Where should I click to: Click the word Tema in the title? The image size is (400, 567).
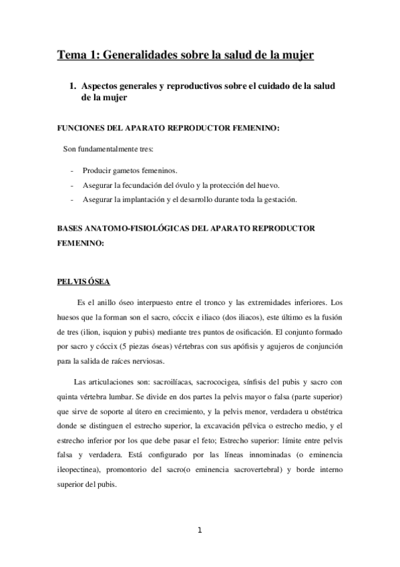click(71, 54)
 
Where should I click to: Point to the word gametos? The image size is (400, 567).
click(134, 171)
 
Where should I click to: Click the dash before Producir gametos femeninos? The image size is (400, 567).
click(71, 171)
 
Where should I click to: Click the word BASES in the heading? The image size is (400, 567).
click(73, 228)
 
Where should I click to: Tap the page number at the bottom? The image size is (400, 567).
click(200, 531)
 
